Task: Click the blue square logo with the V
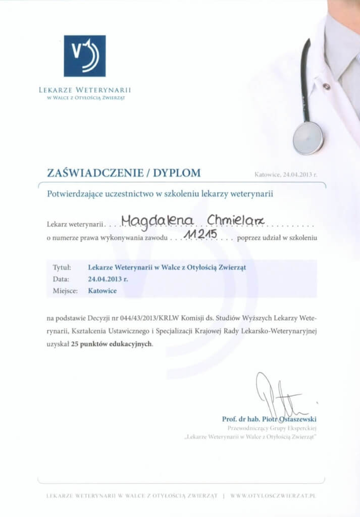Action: [85, 56]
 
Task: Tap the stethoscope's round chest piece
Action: [307, 137]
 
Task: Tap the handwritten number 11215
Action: [201, 234]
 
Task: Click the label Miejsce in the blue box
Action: [64, 291]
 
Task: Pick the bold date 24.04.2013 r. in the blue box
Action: [108, 279]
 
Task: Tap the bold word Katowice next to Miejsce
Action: [102, 291]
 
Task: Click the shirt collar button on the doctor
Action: [326, 86]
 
